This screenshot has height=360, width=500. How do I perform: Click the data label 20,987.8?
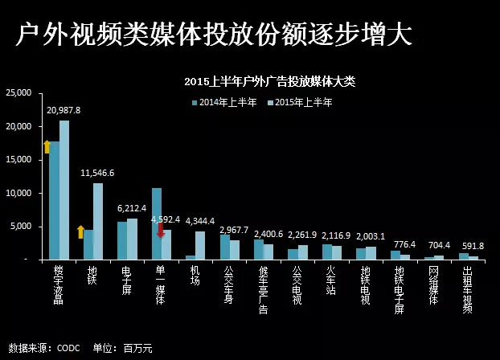pos(64,110)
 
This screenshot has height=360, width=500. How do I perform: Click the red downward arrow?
pos(161,230)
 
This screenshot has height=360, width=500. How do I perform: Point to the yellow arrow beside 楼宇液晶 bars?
pos(47,145)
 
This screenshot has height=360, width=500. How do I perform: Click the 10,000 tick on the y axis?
pos(18,193)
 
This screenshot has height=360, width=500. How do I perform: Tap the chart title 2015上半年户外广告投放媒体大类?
pos(268,81)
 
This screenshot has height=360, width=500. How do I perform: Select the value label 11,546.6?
pos(97,173)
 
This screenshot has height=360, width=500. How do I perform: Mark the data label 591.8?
pos(471,246)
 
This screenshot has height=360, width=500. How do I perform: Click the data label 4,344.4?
pos(200,221)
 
